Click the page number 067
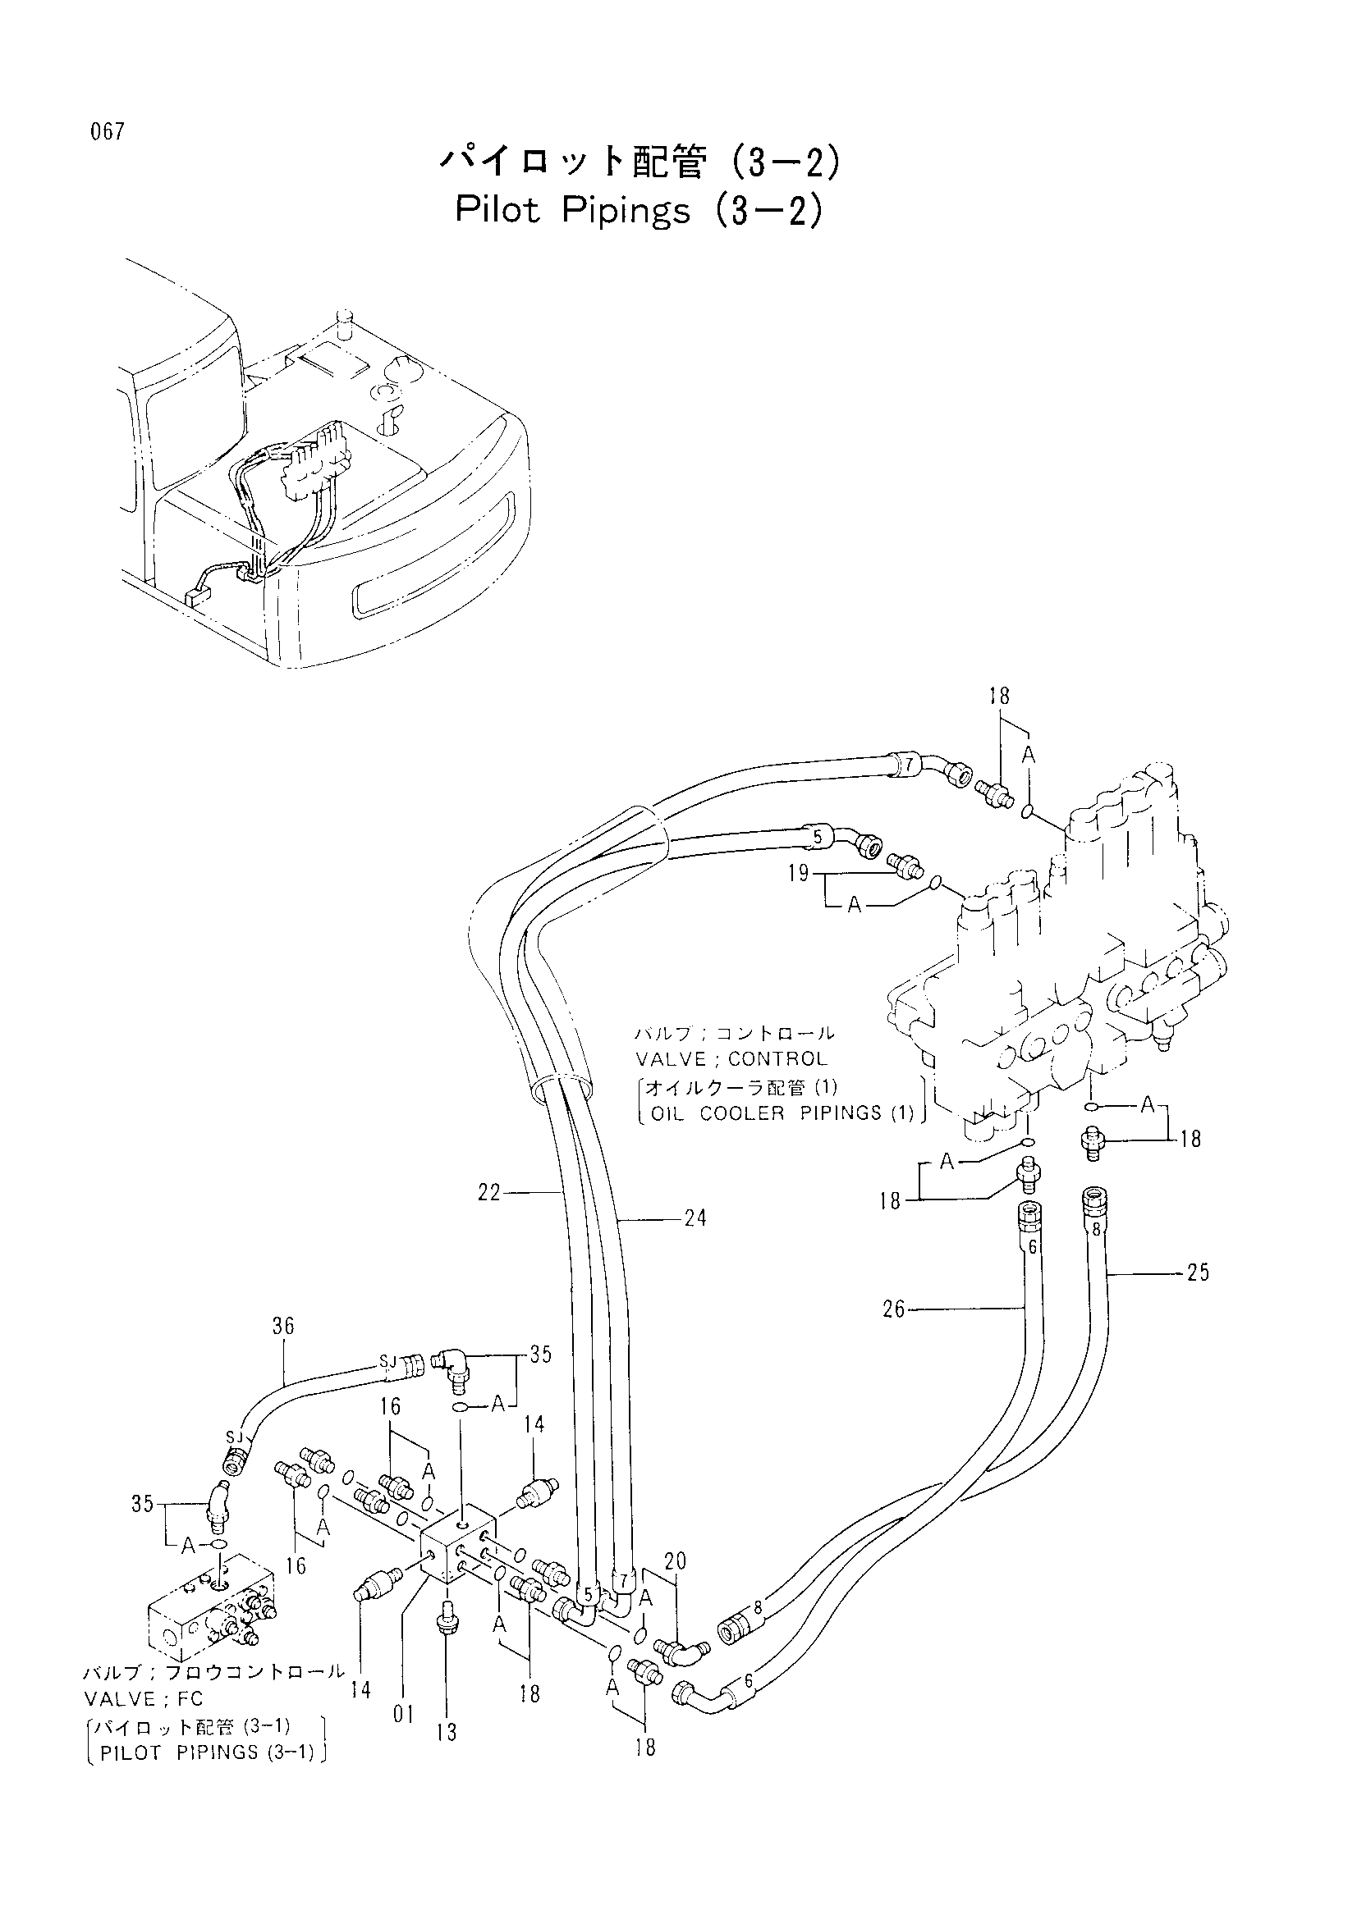coord(108,132)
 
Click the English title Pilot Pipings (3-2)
coord(640,212)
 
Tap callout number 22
coord(488,1193)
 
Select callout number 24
coord(695,1218)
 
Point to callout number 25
coord(1197,1272)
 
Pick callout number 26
coord(894,1309)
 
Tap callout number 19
coord(799,874)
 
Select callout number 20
coord(675,1560)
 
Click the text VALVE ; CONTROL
coord(731,1059)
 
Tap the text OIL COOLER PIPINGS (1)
coord(777,1113)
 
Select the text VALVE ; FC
coord(142,1699)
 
